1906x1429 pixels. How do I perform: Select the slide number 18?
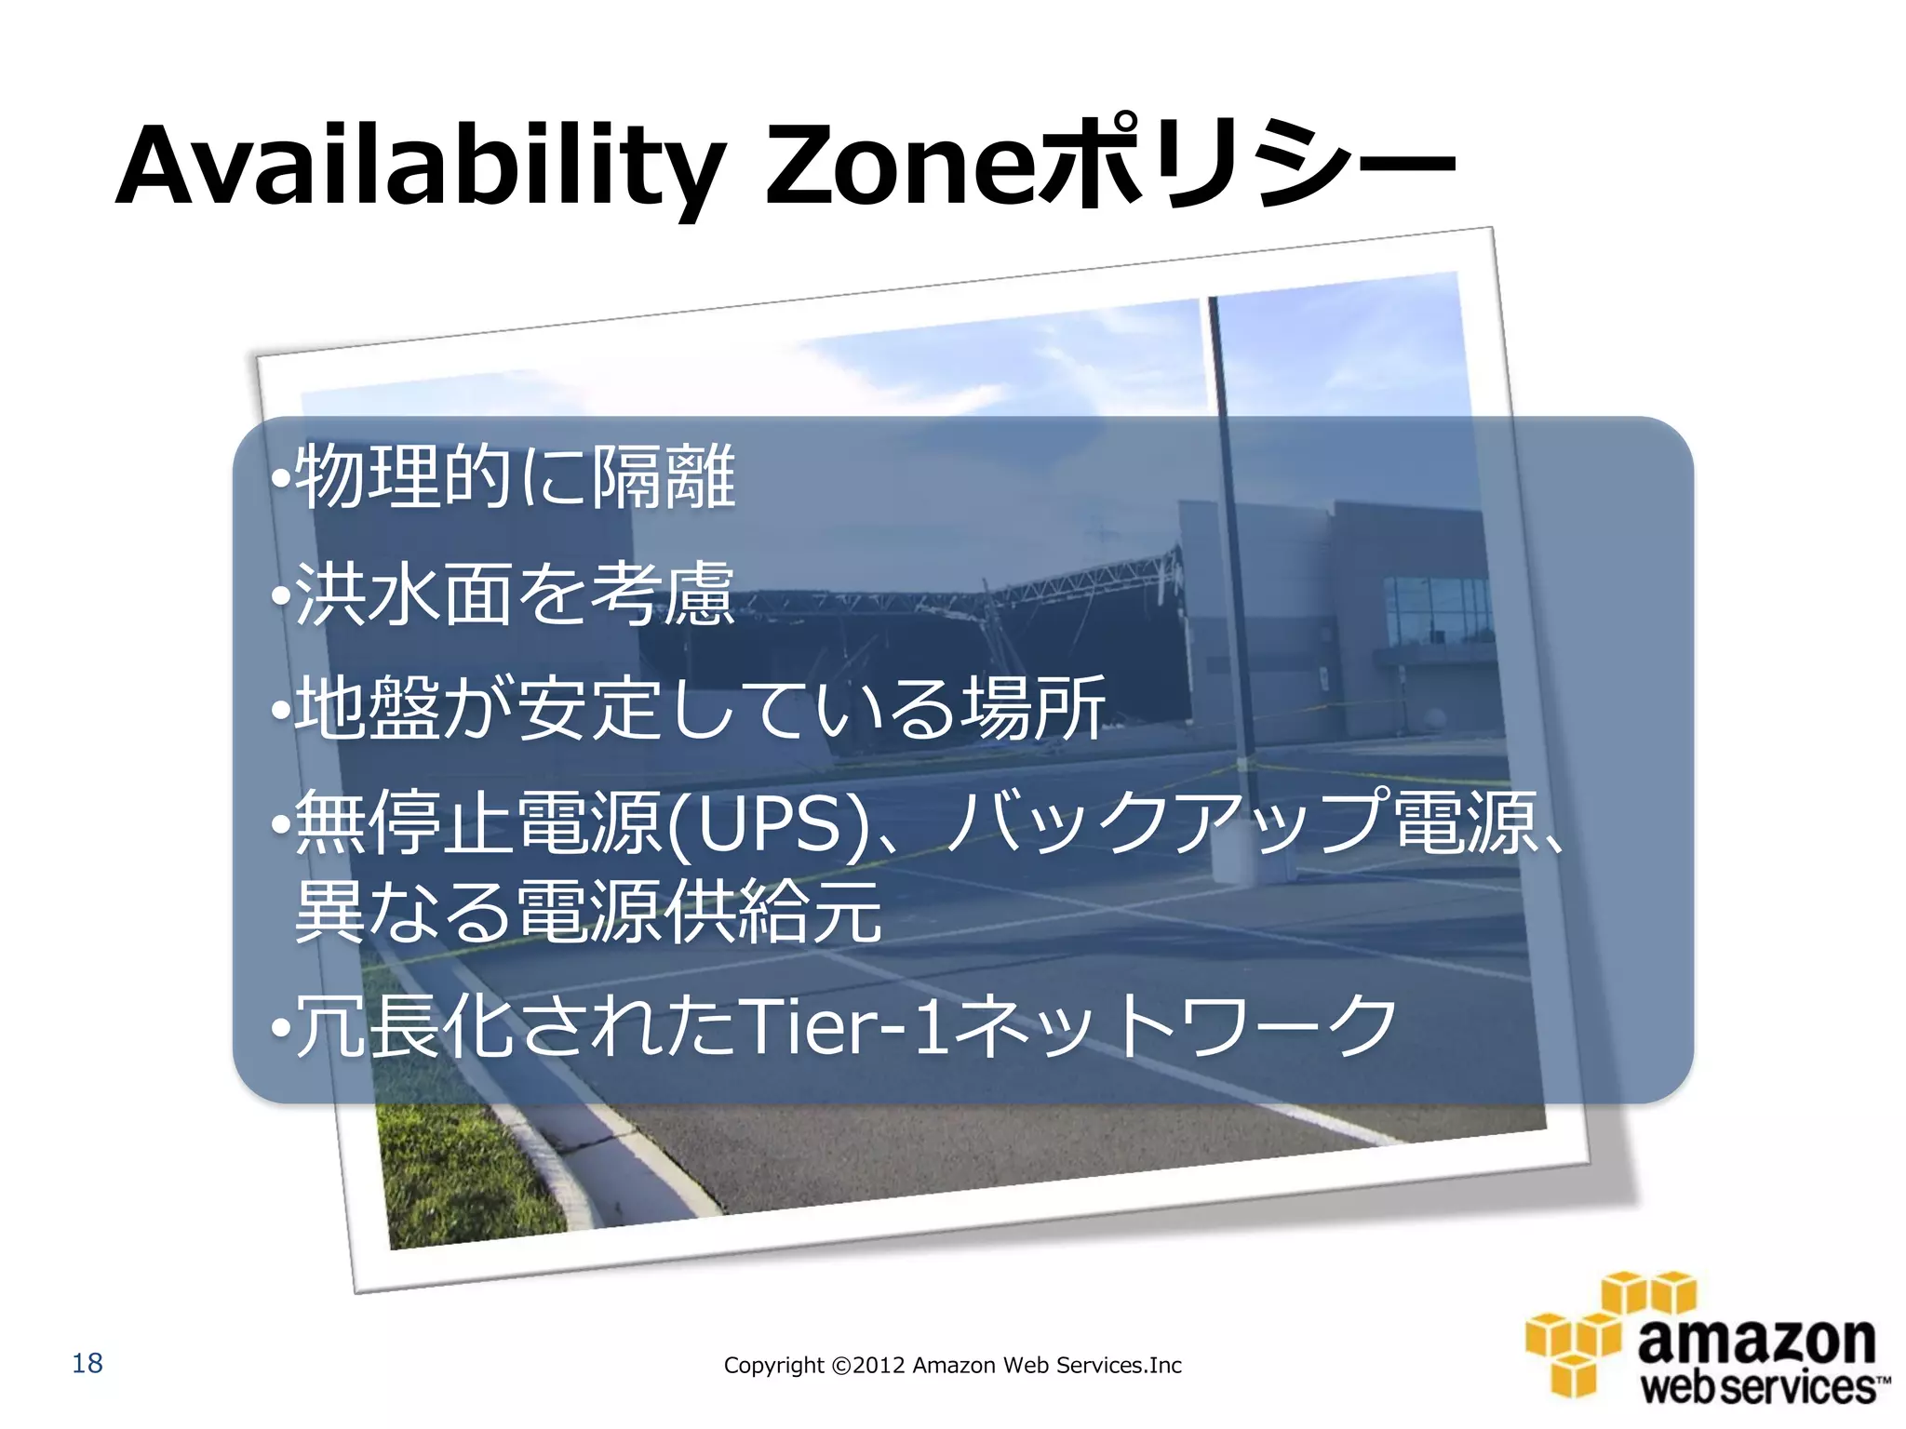(87, 1363)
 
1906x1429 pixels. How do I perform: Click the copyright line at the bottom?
(952, 1365)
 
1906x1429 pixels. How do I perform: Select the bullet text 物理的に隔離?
(515, 476)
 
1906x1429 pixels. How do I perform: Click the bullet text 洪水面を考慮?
(515, 594)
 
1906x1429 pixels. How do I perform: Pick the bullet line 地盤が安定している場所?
(700, 709)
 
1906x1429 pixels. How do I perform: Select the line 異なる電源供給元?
(588, 912)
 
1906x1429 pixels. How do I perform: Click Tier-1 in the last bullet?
(833, 1025)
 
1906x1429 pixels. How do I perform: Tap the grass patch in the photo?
(456, 1172)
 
